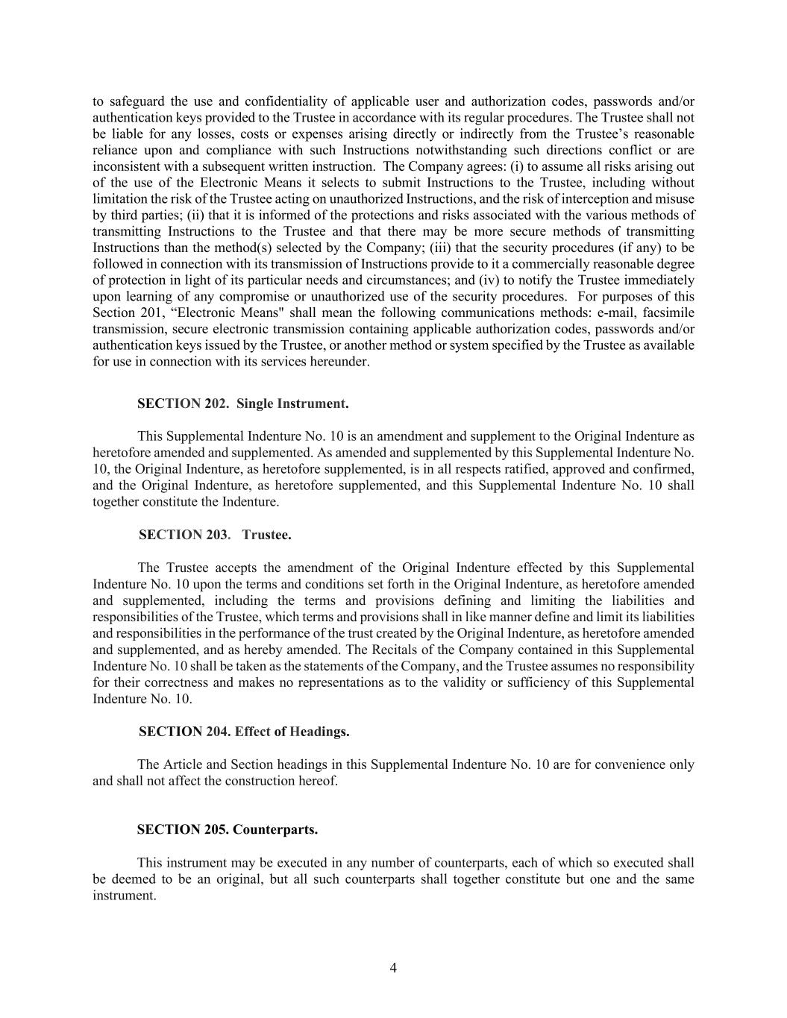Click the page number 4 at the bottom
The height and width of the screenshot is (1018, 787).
[393, 968]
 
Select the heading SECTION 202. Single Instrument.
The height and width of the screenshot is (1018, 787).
[242, 403]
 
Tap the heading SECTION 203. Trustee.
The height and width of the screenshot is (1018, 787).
[215, 535]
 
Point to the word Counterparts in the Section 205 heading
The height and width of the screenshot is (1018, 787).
[275, 830]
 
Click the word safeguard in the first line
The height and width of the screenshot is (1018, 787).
[137, 101]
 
